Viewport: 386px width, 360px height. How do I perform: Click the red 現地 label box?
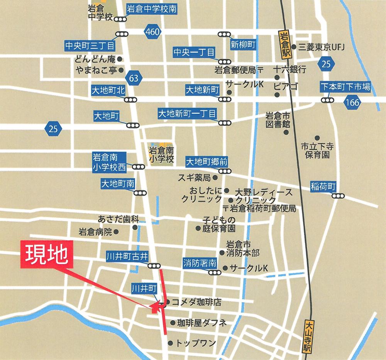point(46,255)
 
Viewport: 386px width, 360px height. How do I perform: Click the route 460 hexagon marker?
point(152,32)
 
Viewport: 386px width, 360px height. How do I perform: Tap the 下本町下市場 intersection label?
point(345,87)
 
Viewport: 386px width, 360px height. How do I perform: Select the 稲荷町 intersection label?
point(323,186)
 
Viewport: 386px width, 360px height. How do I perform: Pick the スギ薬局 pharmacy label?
point(194,178)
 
